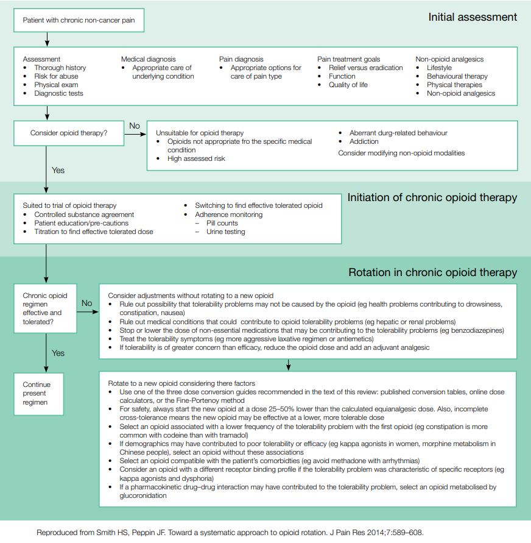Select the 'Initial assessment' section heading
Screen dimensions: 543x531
click(473, 17)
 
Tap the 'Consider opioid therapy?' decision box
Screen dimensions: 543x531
click(69, 132)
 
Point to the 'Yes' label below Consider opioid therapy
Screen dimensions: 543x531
click(58, 171)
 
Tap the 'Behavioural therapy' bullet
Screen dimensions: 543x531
click(457, 76)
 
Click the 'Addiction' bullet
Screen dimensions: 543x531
click(364, 141)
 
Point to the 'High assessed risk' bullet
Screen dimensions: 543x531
click(196, 158)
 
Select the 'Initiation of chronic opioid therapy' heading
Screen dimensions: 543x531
click(432, 197)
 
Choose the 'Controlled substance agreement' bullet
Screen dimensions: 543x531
click(84, 215)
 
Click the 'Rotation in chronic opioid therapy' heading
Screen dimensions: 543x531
click(432, 272)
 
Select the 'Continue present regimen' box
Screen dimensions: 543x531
click(37, 393)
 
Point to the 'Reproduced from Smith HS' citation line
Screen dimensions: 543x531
click(230, 532)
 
